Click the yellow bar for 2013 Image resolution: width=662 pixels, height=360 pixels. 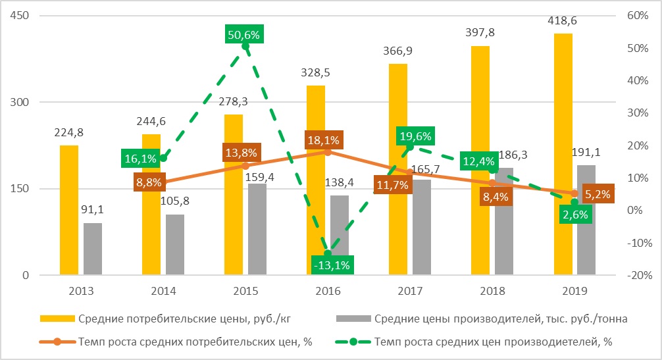[69, 210]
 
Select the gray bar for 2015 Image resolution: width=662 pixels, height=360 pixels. [257, 229]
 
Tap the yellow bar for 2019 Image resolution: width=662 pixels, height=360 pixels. [563, 155]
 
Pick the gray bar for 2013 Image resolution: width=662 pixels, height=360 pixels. [93, 249]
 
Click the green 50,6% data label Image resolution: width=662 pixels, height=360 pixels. [243, 35]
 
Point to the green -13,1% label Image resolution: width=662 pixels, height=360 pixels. [332, 265]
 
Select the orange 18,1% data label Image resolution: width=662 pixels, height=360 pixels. [323, 140]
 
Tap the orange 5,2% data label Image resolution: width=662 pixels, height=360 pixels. [598, 195]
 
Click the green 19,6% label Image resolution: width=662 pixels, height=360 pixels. [415, 136]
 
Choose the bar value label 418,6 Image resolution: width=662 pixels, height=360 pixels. [562, 20]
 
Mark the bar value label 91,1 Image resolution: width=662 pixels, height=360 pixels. [92, 209]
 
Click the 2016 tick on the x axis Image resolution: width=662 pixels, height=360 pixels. [328, 291]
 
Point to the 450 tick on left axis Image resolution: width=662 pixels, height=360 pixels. [20, 16]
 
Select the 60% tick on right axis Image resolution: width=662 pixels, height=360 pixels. [638, 16]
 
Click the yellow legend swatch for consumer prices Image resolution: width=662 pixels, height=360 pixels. [57, 319]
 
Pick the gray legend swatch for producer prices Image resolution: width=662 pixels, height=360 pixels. [353, 319]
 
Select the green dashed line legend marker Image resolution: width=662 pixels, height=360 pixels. [353, 342]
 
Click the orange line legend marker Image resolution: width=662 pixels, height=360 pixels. [57, 342]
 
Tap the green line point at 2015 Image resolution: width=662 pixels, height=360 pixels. [245, 46]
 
